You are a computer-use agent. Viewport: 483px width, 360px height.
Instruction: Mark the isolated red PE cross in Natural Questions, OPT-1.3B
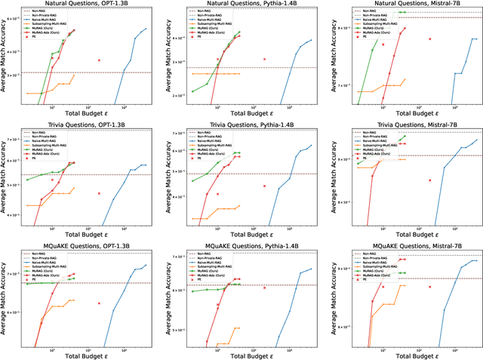tap(99, 60)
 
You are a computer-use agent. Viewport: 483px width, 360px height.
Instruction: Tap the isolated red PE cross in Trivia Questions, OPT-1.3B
tap(99, 193)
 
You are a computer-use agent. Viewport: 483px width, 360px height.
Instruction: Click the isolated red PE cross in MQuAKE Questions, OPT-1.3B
tap(99, 303)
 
